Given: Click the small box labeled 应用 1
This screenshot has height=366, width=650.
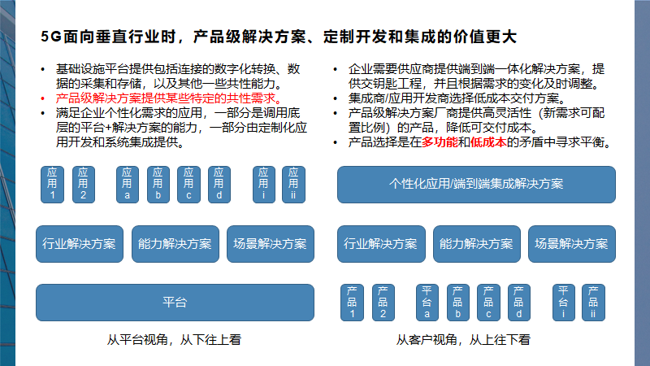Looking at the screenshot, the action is pos(53,184).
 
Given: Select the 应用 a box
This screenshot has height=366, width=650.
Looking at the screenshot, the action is pos(128,184).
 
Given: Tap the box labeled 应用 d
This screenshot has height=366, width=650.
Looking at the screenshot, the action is pos(217,184).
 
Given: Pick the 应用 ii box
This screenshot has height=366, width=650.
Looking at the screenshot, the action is pos(294,184).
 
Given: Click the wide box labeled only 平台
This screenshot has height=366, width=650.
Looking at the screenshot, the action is pos(175,303).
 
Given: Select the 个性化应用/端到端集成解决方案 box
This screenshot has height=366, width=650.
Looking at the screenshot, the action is pos(476,184).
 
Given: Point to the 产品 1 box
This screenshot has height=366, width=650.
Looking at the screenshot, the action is pos(352,303).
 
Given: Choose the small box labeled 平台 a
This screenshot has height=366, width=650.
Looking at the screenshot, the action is pos(427,303).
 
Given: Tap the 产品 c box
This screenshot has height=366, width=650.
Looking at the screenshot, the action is pos(489,303).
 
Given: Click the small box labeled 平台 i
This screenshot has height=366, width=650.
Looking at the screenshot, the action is pos(564,303).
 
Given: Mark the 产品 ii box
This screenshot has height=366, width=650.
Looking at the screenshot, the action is pos(593,303).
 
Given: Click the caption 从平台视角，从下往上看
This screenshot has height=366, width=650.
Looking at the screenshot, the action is pos(174,340).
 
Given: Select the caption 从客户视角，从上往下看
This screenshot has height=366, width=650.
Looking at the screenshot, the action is pos(475,340).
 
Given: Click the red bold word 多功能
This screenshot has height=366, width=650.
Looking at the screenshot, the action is pos(439,142).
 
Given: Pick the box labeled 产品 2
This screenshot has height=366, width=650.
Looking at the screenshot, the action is pos(383,303).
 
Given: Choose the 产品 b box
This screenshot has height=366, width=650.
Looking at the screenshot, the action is pos(458,303).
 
